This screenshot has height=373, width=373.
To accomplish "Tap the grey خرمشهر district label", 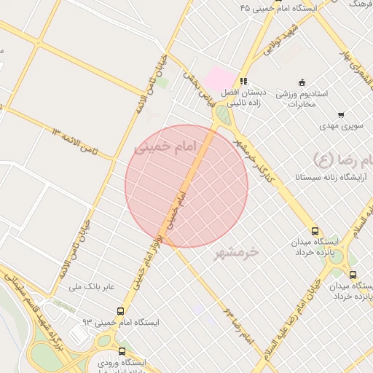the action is [236, 253].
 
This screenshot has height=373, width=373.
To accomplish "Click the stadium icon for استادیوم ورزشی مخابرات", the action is [302, 82].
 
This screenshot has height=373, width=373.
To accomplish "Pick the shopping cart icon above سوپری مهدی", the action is [341, 114].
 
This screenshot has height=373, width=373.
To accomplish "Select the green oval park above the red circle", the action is [222, 115].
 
